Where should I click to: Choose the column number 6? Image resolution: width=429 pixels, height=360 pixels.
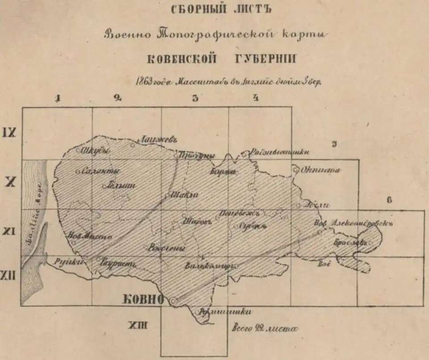(x=389, y=200)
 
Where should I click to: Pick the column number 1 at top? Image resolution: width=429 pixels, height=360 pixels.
(x=57, y=99)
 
